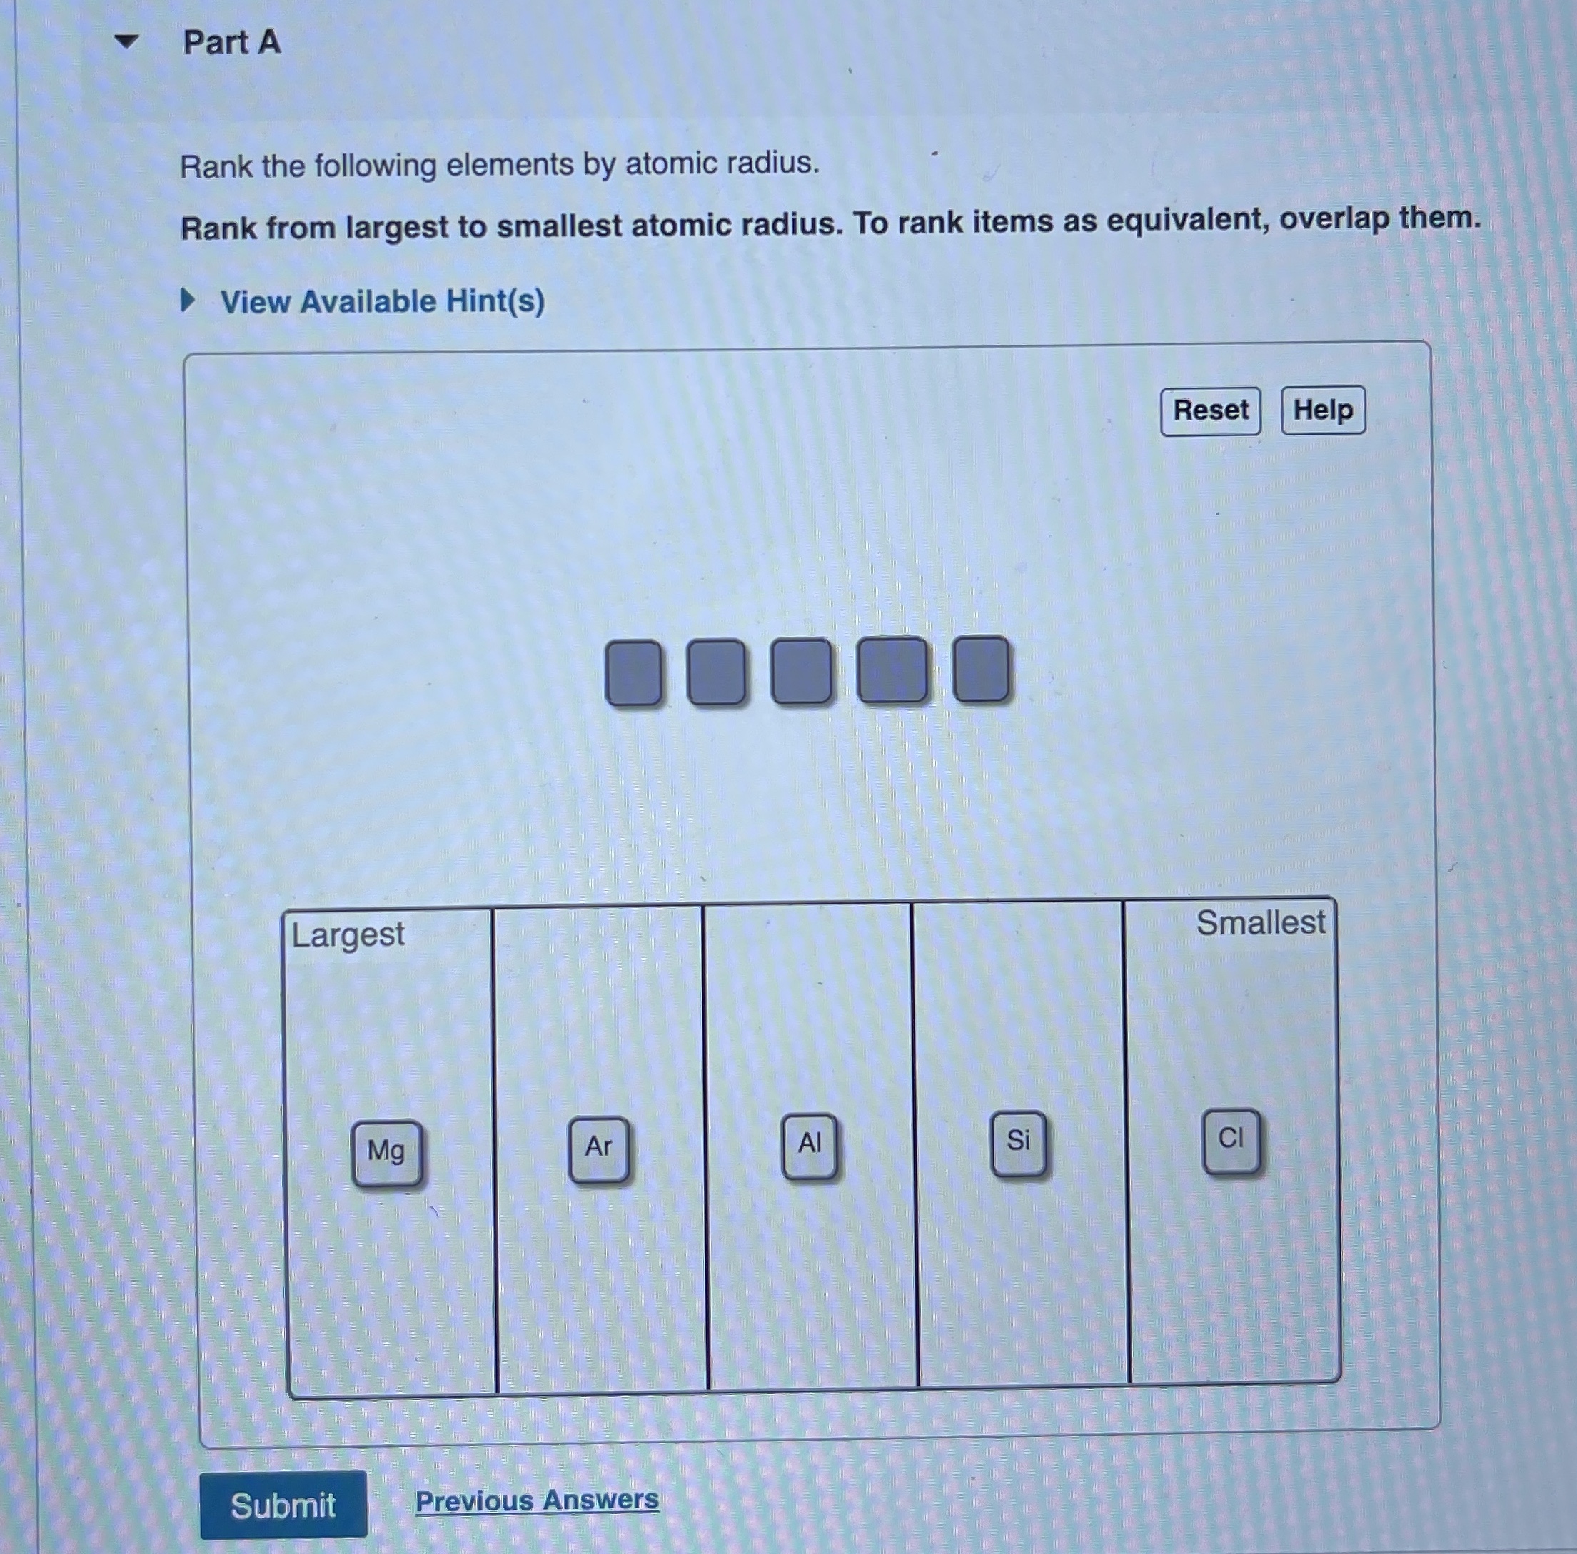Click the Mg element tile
[x=386, y=1151]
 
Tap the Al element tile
[x=809, y=1144]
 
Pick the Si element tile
[x=1018, y=1141]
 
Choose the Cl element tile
[x=1230, y=1139]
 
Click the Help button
[x=1322, y=410]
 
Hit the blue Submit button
[x=283, y=1504]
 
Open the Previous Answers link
[x=536, y=1500]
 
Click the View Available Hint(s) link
[x=382, y=301]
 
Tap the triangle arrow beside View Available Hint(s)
[x=188, y=301]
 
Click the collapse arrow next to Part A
[x=126, y=41]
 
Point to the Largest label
[x=348, y=934]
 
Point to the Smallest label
[x=1259, y=923]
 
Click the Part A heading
[x=232, y=42]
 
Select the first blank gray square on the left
[x=633, y=673]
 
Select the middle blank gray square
[x=802, y=671]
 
